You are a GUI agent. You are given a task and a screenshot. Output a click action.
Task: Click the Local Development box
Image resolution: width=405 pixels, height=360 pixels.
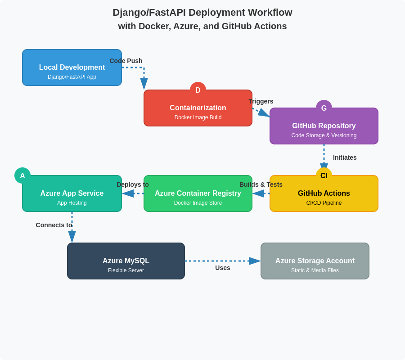point(72,67)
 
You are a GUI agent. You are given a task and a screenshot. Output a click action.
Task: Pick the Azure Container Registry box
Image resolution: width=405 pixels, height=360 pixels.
point(198,193)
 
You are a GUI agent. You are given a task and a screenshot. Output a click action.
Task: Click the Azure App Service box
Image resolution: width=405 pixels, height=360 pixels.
point(72,193)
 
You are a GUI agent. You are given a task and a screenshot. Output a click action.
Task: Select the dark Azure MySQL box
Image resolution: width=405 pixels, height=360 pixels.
point(126,261)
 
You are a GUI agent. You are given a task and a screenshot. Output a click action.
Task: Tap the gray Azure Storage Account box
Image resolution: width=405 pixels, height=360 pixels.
point(315,261)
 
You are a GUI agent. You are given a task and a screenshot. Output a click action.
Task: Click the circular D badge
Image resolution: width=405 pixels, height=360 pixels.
point(198,90)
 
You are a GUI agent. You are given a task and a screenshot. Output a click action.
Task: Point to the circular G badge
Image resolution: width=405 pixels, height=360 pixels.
point(324,108)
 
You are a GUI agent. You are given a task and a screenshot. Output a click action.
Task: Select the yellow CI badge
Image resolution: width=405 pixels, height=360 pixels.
point(324,175)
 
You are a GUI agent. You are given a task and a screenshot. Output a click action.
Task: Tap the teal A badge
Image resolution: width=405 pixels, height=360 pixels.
point(22,175)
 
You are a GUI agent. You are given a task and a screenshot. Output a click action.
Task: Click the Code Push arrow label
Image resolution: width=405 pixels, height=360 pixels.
point(126,61)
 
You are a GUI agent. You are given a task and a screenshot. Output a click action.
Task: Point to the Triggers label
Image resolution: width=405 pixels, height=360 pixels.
point(261,101)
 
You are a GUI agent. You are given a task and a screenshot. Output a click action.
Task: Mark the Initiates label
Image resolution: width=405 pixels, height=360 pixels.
point(345,157)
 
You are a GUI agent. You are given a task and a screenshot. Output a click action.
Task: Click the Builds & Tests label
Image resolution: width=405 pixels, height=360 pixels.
point(261,184)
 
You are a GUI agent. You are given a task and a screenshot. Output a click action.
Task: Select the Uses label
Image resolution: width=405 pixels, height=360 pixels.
point(223,268)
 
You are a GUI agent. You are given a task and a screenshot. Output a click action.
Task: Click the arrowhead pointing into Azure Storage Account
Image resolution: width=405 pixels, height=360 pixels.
point(255,261)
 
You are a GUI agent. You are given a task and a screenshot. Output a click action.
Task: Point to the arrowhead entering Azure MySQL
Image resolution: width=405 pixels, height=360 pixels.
point(72,237)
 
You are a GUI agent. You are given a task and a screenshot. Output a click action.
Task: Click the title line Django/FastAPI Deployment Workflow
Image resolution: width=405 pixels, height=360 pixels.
point(202,13)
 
